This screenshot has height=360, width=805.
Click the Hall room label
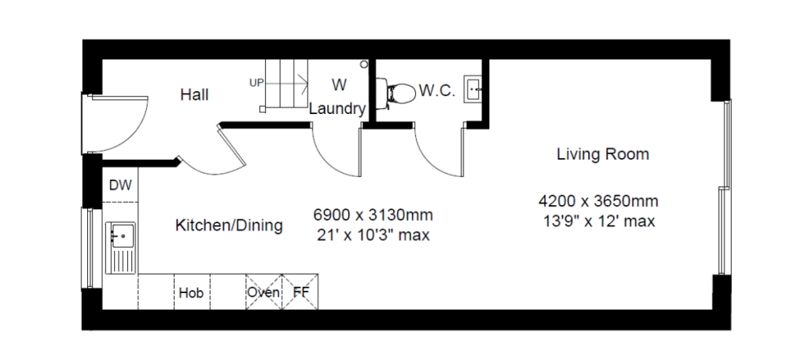pos(195,95)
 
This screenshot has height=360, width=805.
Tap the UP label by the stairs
pos(257,83)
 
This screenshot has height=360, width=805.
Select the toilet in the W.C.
pos(395,94)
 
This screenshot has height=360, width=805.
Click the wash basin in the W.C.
pos(472,89)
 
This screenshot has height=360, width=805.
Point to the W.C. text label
pos(437,91)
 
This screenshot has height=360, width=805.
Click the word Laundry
pos(337,109)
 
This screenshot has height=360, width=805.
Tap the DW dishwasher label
pos(120,185)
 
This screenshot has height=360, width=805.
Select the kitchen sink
pos(120,248)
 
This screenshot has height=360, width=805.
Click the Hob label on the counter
pos(192,292)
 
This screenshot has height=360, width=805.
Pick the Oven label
pos(263,292)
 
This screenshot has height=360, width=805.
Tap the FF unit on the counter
pos(300,292)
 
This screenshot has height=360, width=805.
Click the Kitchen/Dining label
pos(229,226)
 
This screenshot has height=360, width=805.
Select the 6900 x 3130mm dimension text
pos(373,214)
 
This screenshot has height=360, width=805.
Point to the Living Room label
pos(603,154)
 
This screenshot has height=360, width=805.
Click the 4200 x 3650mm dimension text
pos(598,200)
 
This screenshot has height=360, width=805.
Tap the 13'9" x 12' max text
pos(598,222)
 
